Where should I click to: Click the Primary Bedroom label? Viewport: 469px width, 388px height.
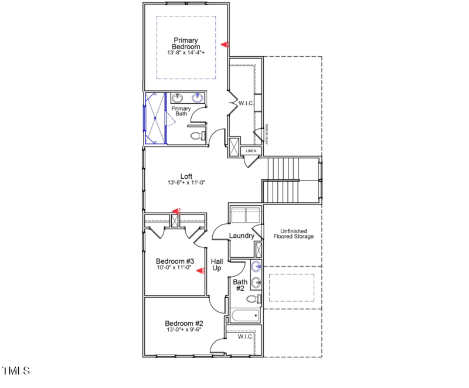(186, 43)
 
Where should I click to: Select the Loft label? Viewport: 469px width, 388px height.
(186, 176)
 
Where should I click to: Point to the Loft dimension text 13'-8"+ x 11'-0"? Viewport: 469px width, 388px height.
(186, 183)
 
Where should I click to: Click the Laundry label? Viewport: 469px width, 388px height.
(242, 236)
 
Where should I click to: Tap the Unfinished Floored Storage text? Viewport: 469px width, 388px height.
(293, 234)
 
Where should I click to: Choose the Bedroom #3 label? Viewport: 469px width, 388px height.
(175, 261)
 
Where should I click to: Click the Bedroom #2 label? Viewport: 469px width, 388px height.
(183, 324)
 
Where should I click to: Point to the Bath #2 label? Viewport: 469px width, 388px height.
(240, 285)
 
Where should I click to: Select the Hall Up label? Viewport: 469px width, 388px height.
(217, 265)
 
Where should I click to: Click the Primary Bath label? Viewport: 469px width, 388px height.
(181, 111)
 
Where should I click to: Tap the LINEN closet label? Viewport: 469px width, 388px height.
(251, 151)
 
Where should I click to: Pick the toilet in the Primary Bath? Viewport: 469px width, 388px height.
(198, 137)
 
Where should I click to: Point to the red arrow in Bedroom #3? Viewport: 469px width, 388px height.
(200, 271)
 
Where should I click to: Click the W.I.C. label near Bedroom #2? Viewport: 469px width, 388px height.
(245, 337)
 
